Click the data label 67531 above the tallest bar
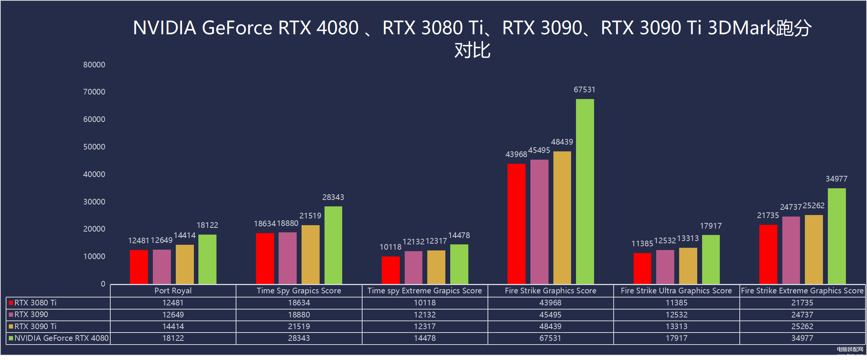click(x=584, y=90)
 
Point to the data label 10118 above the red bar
click(x=390, y=247)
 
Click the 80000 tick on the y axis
click(x=94, y=65)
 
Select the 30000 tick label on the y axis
click(x=94, y=202)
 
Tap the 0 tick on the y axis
click(x=103, y=284)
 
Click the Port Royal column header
click(x=173, y=291)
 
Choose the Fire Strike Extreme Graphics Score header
click(x=802, y=291)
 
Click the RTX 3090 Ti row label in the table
click(x=35, y=326)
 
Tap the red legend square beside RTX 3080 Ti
click(x=11, y=303)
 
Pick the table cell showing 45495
click(x=550, y=314)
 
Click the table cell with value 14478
click(x=425, y=338)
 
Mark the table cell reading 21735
click(x=802, y=303)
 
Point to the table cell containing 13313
click(x=676, y=326)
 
